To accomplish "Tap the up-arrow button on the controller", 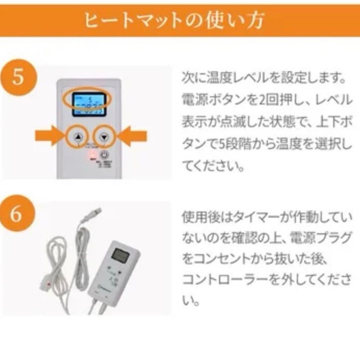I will [x=78, y=137].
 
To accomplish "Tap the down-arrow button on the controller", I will [x=104, y=137].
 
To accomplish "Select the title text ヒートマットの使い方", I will [x=174, y=21].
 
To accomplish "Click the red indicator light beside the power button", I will [x=91, y=155].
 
